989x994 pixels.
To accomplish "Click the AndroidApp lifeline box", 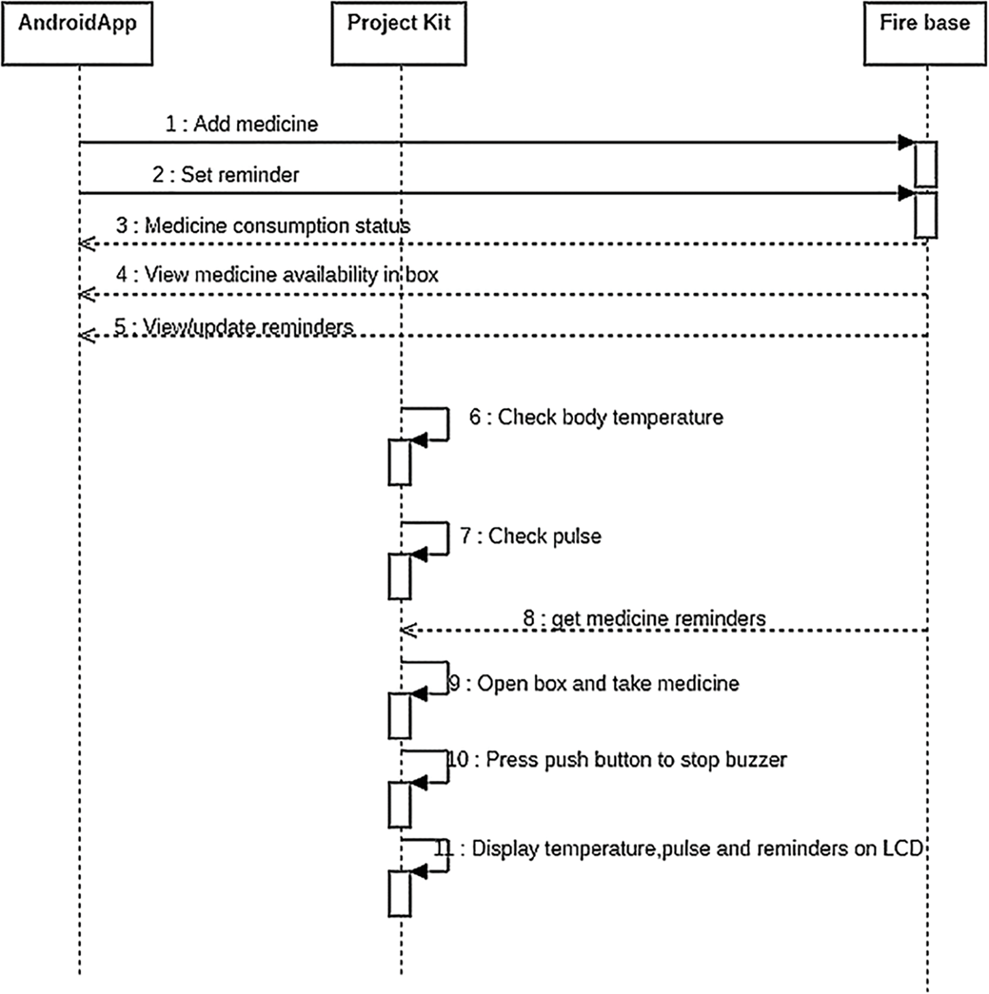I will tap(77, 33).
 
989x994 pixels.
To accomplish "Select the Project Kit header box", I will tap(399, 33).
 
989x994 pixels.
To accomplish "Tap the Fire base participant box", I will tap(924, 33).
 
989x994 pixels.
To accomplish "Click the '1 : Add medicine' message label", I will tap(241, 124).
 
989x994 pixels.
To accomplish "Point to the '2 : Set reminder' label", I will tap(226, 175).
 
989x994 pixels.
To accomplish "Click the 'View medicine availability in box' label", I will tap(277, 274).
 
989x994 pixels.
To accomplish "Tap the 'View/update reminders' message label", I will tap(233, 326).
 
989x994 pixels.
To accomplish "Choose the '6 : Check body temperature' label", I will tap(596, 417).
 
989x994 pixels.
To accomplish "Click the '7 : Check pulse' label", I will tap(531, 536).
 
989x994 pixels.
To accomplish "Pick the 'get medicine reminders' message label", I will tap(644, 618).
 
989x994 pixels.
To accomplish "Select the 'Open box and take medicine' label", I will tap(593, 683).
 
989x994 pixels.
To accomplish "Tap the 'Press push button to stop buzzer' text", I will tap(617, 759).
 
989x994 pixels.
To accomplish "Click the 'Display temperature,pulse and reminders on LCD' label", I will tap(679, 849).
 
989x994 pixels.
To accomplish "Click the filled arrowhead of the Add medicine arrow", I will tap(906, 143).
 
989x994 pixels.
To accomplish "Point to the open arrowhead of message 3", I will tap(86, 244).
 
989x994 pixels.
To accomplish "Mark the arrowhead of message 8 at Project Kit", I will tap(408, 630).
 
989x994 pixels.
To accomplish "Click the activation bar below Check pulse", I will tap(400, 576).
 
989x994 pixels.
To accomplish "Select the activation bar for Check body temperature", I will tap(400, 462).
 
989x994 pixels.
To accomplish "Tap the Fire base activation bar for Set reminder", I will tap(926, 216).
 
